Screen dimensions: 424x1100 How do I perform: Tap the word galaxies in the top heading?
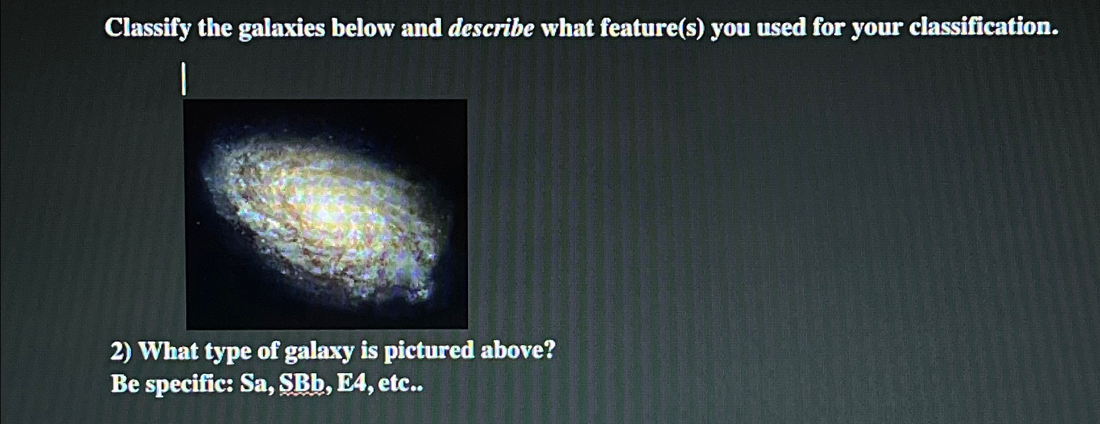tap(281, 28)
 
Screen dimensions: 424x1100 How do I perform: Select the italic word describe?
tap(490, 28)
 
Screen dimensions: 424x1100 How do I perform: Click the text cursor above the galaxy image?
tap(184, 79)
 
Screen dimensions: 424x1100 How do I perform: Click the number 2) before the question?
tap(121, 351)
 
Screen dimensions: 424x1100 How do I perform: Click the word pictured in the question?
tap(429, 350)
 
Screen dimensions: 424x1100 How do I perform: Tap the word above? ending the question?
tap(517, 350)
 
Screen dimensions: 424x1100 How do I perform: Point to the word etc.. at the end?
tap(398, 383)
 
